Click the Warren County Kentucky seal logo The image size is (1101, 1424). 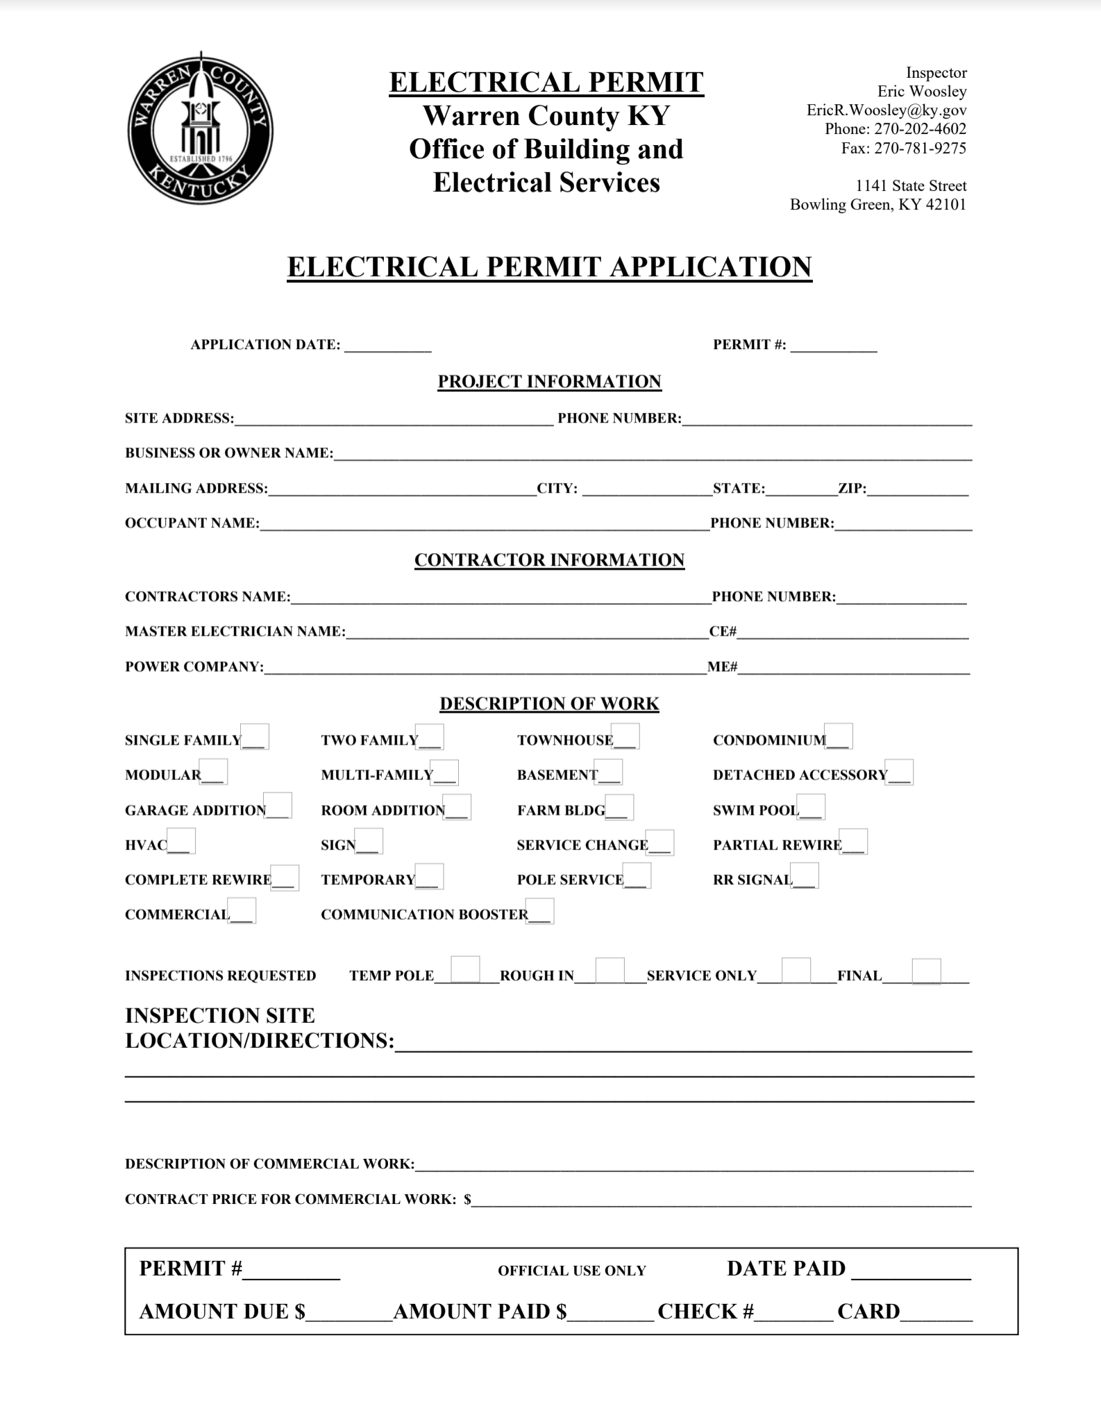pyautogui.click(x=200, y=130)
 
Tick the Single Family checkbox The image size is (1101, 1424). pyautogui.click(x=255, y=736)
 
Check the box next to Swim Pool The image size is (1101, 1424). pyautogui.click(x=812, y=806)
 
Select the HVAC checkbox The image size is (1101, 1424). pyautogui.click(x=182, y=841)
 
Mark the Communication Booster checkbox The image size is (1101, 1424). pyautogui.click(x=540, y=911)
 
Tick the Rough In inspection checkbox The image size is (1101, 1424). pyautogui.click(x=610, y=971)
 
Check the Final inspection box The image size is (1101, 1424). pyautogui.click(x=926, y=972)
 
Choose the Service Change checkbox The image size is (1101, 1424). pyautogui.click(x=659, y=842)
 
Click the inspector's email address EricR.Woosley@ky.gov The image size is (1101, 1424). pyautogui.click(x=886, y=110)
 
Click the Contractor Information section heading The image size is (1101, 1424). pyautogui.click(x=549, y=560)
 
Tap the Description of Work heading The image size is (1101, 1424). pyautogui.click(x=549, y=704)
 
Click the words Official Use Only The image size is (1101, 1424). pyautogui.click(x=571, y=1271)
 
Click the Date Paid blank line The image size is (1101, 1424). pyautogui.click(x=911, y=1271)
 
